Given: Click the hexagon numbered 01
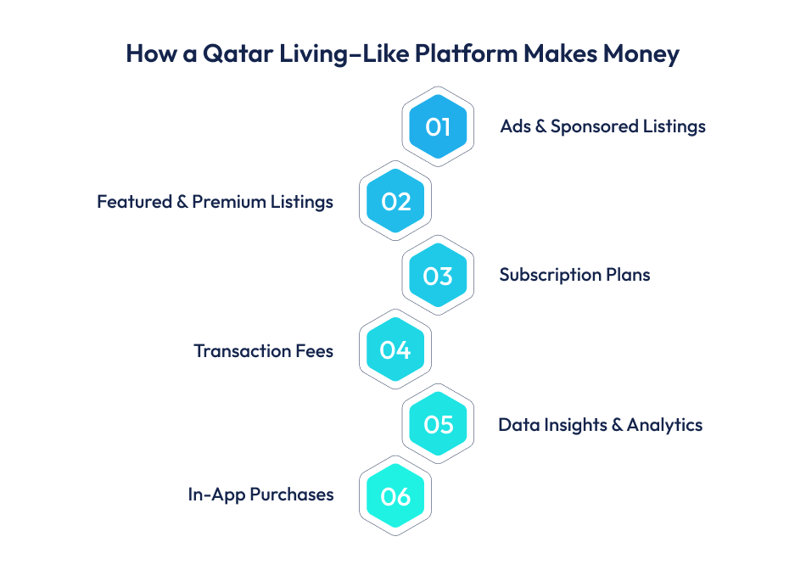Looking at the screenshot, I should pos(438,127).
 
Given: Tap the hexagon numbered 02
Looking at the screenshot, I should pos(395,202).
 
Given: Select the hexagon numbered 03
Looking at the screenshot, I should pos(438,276).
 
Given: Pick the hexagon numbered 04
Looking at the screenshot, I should pos(395,350).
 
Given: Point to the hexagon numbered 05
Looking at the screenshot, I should pos(438,424).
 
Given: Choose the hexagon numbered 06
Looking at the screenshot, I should pos(395,497).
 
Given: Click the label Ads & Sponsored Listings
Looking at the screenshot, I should pos(602,126).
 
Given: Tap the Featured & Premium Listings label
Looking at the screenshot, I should pos(215,202).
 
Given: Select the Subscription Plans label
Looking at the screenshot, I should pos(574,276).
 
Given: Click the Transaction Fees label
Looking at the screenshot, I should pos(263,350).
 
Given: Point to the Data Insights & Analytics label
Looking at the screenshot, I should pos(600,425).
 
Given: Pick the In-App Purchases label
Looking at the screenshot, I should pos(260,495).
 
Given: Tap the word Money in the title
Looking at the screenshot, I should pos(641,53).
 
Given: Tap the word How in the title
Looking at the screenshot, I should pos(146,53).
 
